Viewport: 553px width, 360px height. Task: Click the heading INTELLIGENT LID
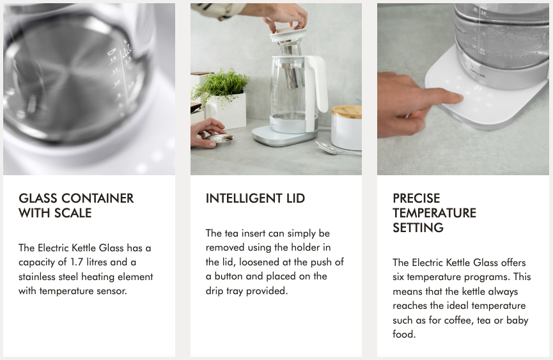coord(255,198)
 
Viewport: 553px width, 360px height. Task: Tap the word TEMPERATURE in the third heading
coord(435,213)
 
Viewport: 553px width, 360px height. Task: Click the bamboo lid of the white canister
coord(347,111)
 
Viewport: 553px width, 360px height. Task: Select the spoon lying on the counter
coord(336,148)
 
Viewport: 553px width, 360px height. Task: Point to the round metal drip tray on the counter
coord(221,139)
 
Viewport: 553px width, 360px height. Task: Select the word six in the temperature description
coord(398,277)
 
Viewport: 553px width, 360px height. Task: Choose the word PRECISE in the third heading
coord(417,198)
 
